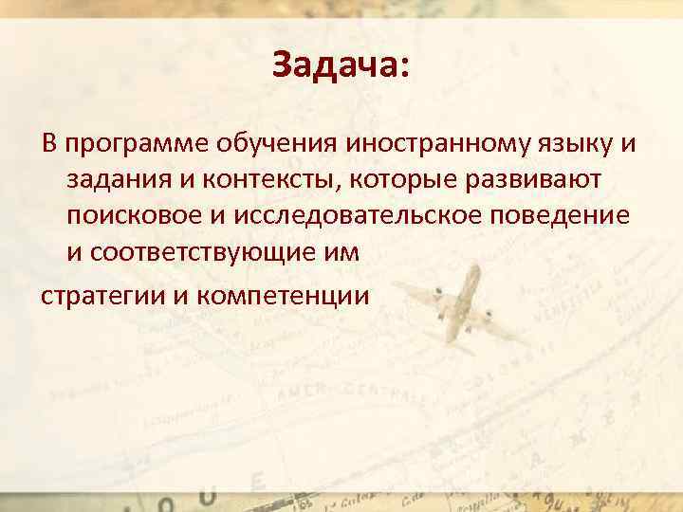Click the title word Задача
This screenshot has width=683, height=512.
click(334, 65)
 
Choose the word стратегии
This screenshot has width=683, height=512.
click(102, 295)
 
